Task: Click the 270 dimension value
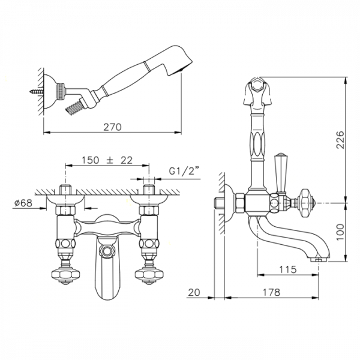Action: tap(112, 127)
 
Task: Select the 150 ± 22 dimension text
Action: tap(107, 160)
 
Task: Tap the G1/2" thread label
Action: tap(184, 171)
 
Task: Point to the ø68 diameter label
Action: tap(23, 203)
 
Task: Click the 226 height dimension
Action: tap(340, 140)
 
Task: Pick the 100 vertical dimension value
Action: tap(340, 232)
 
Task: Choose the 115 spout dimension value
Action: tap(287, 269)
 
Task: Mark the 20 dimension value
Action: tap(194, 293)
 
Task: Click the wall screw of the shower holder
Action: tap(37, 91)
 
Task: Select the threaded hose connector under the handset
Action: tap(73, 106)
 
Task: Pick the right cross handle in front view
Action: tap(149, 275)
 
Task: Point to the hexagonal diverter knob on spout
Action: tap(106, 250)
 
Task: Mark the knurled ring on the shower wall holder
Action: tap(61, 91)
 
